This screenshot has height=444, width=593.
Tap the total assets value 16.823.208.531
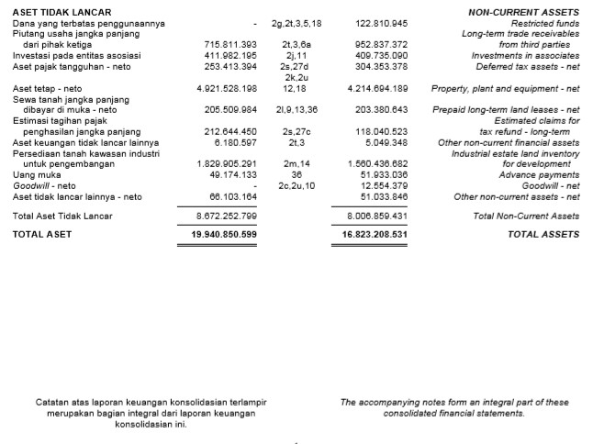tap(368, 235)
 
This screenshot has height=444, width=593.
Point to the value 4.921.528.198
tap(227, 89)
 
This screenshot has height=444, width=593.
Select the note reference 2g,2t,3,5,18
tap(297, 21)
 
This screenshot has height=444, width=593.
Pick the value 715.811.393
tap(230, 43)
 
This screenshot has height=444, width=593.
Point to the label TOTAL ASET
tap(41, 235)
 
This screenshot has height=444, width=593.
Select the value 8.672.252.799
tap(227, 216)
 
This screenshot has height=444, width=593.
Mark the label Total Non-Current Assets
tap(526, 216)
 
